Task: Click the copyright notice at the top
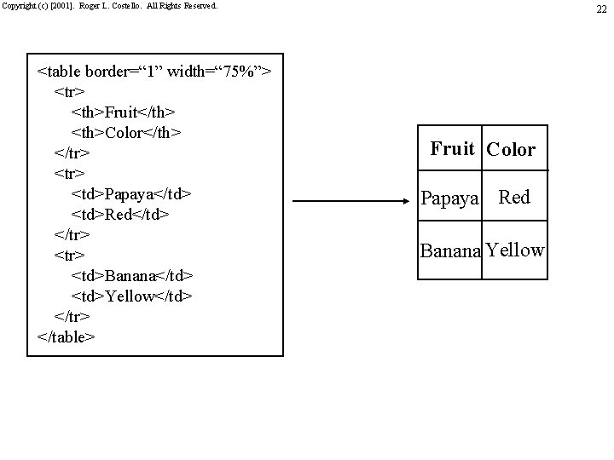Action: tap(109, 6)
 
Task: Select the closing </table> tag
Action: tap(67, 336)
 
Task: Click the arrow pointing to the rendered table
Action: tap(355, 202)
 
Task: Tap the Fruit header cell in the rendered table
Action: tap(452, 149)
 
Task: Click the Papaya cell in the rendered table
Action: tap(451, 199)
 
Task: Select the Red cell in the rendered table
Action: tap(514, 198)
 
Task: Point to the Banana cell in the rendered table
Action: tap(451, 252)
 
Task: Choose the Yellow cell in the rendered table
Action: tap(514, 250)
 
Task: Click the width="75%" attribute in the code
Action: tap(220, 71)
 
